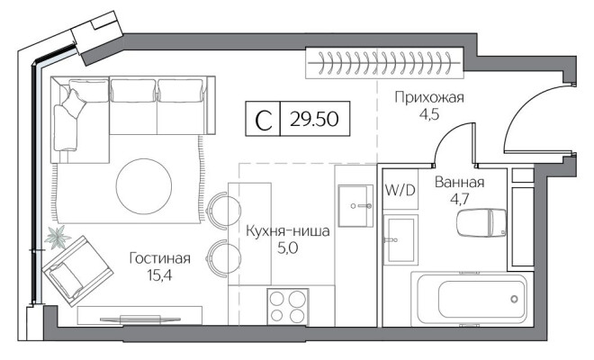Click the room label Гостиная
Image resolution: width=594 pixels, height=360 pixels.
(x=159, y=258)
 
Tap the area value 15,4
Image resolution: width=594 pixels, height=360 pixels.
(x=159, y=275)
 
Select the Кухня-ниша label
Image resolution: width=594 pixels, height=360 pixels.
(x=287, y=230)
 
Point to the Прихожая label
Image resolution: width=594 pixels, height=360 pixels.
(x=429, y=98)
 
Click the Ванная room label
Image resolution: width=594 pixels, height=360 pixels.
(x=459, y=183)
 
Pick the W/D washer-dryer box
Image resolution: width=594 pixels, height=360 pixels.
(x=400, y=191)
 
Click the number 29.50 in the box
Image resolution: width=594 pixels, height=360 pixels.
(x=315, y=121)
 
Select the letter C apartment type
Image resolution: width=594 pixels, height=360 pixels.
(x=264, y=121)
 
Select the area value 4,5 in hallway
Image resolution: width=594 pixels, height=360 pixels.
(x=429, y=114)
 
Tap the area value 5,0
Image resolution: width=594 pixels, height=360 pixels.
(x=287, y=247)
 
